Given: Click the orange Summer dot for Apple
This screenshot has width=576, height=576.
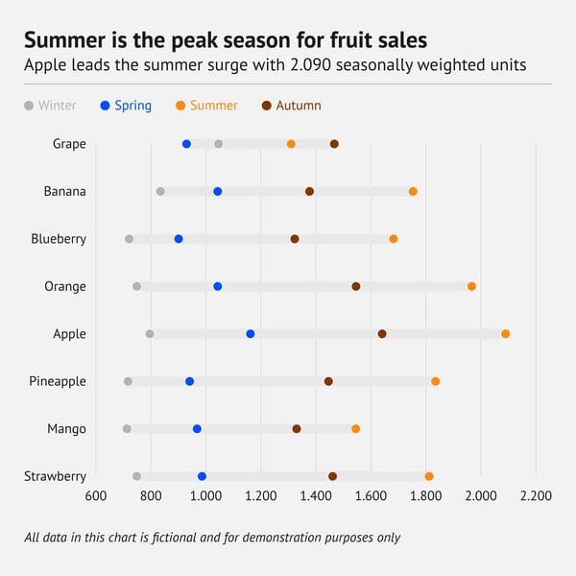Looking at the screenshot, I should pos(506,334).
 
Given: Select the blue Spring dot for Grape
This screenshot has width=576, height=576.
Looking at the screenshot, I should pos(186,144).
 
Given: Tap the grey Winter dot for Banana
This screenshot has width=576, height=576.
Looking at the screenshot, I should pos(160,192).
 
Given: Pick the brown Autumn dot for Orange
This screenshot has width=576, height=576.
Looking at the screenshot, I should pos(356,286).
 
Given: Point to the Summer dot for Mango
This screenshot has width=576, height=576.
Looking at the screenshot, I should pos(356,429).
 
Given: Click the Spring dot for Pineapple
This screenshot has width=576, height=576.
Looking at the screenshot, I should pos(190,382).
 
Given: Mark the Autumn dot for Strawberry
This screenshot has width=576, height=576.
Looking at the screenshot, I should pos(333,476).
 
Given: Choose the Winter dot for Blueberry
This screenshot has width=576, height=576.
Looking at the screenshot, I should pos(130,239).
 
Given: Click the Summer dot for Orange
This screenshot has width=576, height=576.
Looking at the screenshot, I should pos(471,286).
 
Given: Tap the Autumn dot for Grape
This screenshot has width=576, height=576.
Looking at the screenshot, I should pos(334,144).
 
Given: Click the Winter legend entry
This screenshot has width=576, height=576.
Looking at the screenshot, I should pos(50,106).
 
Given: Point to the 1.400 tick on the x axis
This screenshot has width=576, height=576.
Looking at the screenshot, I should pos(315,496).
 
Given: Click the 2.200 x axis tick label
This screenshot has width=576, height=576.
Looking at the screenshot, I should pos(536,496).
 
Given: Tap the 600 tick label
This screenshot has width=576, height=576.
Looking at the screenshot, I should pos(95,496).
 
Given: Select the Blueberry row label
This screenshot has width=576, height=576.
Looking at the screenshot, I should pos(59,239).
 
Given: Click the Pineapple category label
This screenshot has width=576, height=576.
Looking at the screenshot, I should pos(58,382).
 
